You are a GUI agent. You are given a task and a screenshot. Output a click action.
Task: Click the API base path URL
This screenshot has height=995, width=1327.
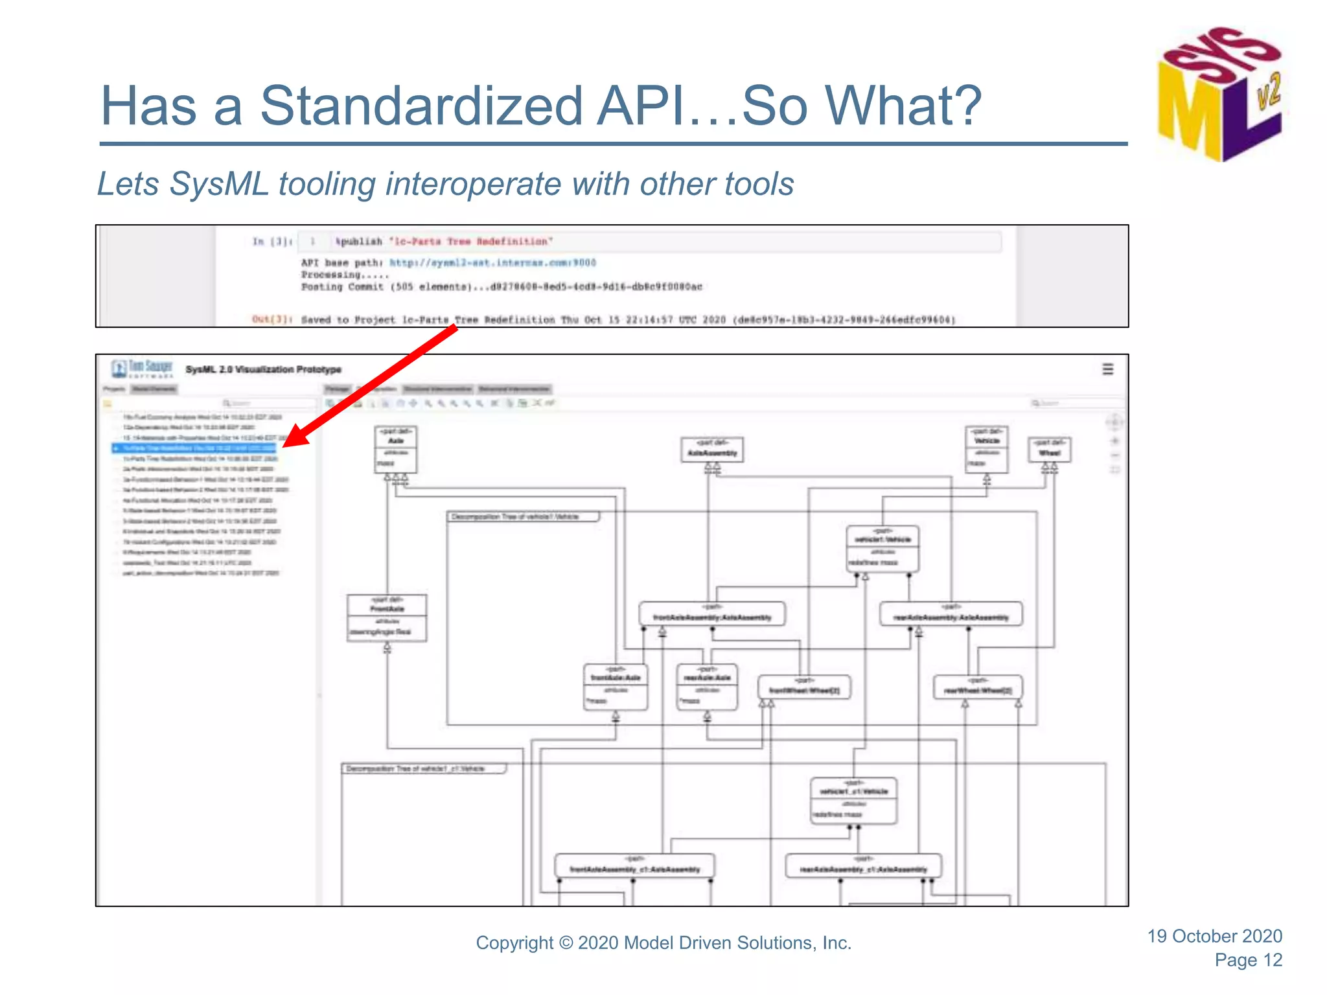pyautogui.click(x=492, y=263)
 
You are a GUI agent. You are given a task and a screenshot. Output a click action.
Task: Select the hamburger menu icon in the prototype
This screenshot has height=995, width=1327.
pyautogui.click(x=1108, y=369)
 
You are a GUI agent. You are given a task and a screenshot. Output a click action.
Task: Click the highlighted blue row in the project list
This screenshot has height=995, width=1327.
pyautogui.click(x=194, y=448)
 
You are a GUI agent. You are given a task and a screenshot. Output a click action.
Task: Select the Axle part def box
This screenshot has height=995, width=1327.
pyautogui.click(x=396, y=449)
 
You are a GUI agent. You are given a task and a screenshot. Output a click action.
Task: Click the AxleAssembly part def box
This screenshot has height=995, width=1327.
pyautogui.click(x=712, y=450)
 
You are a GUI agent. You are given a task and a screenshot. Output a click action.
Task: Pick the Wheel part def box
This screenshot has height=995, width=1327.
pyautogui.click(x=1049, y=450)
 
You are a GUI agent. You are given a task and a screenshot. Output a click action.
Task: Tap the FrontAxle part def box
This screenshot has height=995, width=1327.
pyautogui.click(x=387, y=618)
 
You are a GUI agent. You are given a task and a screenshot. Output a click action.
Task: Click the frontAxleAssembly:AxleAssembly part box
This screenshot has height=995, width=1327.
pyautogui.click(x=712, y=613)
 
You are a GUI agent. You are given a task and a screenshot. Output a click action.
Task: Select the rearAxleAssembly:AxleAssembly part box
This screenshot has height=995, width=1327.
pyautogui.click(x=951, y=613)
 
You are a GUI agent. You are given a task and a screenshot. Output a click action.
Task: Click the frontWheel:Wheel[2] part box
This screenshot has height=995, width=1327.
pyautogui.click(x=804, y=687)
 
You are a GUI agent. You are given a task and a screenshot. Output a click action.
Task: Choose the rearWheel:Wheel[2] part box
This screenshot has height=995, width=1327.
pyautogui.click(x=978, y=687)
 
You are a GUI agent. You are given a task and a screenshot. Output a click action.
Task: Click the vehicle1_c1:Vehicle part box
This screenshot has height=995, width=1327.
pyautogui.click(x=853, y=801)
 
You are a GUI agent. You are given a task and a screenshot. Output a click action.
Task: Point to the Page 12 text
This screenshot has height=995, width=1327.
pyautogui.click(x=1248, y=960)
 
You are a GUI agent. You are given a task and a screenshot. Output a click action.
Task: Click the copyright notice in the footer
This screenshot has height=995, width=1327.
pyautogui.click(x=663, y=943)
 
